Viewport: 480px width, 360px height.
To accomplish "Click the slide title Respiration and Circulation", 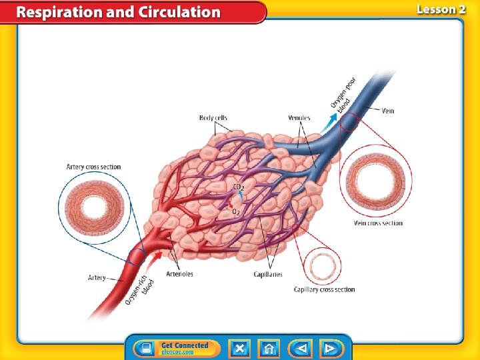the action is point(119,12).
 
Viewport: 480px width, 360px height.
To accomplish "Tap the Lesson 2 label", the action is point(441,9).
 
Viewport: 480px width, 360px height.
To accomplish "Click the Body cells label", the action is point(213,118).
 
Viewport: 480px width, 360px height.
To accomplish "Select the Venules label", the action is point(299,118).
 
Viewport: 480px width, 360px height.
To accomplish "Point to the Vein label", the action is point(388,110).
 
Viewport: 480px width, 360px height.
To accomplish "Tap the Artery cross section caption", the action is point(94,167).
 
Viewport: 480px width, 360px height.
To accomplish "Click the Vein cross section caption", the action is point(378,223).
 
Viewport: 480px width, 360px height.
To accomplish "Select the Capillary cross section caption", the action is point(324,289).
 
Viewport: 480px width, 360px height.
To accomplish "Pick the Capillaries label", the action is point(268,274).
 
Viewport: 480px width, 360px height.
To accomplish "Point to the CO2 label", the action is point(239,187).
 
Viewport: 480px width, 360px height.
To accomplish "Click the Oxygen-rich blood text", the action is point(139,290).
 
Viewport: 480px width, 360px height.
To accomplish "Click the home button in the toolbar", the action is point(270,348).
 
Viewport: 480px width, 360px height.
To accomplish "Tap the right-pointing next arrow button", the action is point(329,348).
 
